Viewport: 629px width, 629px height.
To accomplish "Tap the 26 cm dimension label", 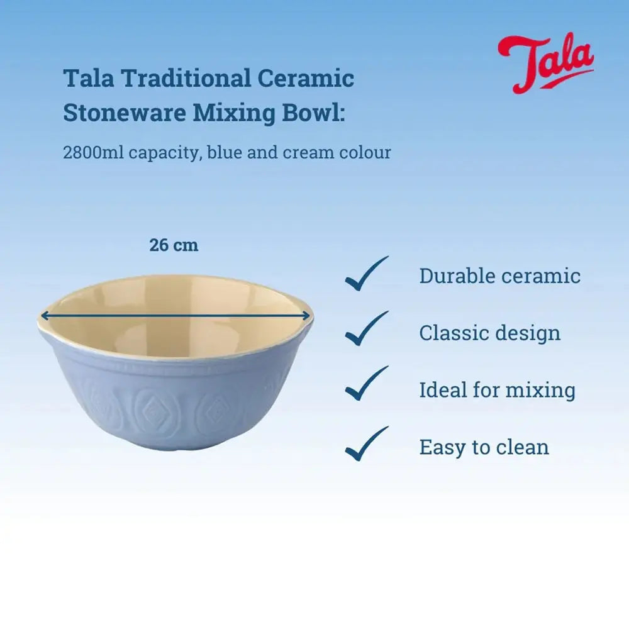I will click(x=174, y=245).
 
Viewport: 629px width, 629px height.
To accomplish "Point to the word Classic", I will click(x=451, y=333).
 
